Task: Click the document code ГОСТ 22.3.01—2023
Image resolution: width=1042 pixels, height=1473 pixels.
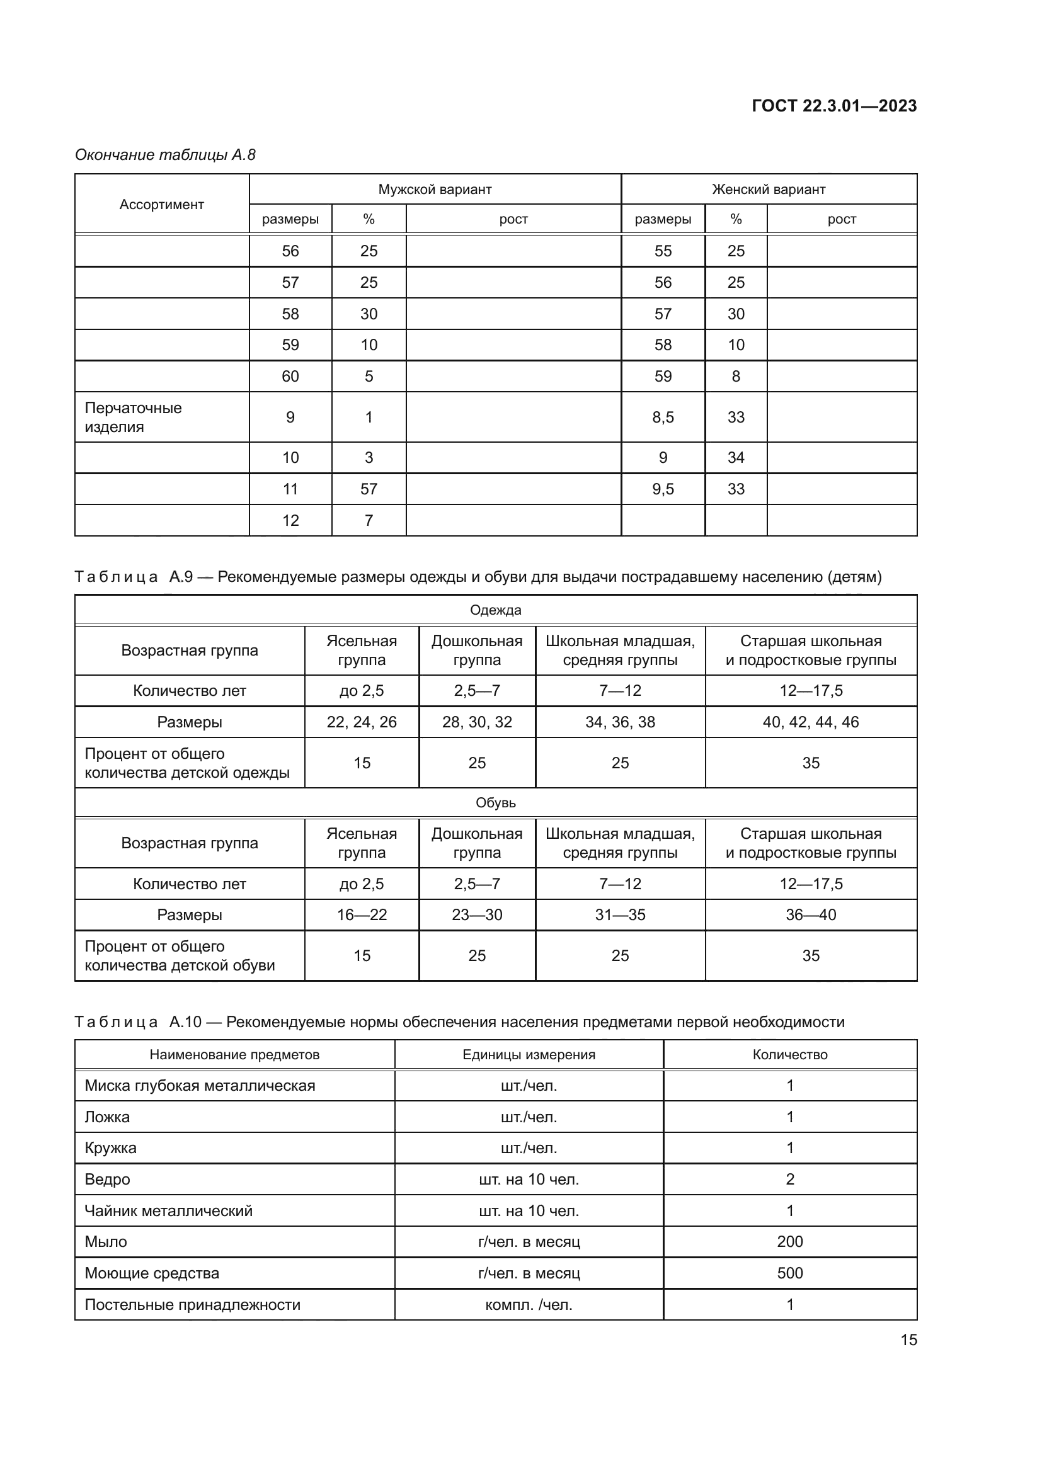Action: click(833, 106)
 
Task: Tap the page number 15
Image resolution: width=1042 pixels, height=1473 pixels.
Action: click(908, 1340)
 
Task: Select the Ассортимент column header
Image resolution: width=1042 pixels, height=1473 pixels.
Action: click(162, 205)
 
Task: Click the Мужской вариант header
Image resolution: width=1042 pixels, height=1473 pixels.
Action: click(435, 190)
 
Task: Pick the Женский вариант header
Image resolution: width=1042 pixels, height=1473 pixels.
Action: click(768, 190)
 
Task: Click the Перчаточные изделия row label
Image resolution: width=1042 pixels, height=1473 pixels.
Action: click(134, 417)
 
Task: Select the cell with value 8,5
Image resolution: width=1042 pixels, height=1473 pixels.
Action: click(663, 417)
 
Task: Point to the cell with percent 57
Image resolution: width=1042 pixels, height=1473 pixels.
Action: click(369, 489)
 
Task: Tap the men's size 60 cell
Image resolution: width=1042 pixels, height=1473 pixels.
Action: click(290, 377)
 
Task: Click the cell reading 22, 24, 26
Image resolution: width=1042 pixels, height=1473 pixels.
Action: click(361, 722)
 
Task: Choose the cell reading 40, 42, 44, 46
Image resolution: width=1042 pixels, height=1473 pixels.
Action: click(810, 722)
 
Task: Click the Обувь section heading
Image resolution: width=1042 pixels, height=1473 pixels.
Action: click(495, 802)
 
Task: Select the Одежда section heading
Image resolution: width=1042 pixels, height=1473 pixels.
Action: click(495, 610)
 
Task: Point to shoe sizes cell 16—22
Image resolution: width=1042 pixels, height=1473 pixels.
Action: click(361, 915)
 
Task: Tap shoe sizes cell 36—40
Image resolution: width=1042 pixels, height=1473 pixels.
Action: click(810, 915)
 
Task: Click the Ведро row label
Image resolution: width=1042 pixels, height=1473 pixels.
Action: click(107, 1179)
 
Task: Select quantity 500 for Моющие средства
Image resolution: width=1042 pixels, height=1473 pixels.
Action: click(789, 1273)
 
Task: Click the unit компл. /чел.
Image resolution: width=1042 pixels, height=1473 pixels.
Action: click(529, 1305)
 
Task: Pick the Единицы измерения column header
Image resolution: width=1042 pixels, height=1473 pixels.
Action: click(529, 1055)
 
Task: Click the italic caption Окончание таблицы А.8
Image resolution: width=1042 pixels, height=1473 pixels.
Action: click(165, 155)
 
